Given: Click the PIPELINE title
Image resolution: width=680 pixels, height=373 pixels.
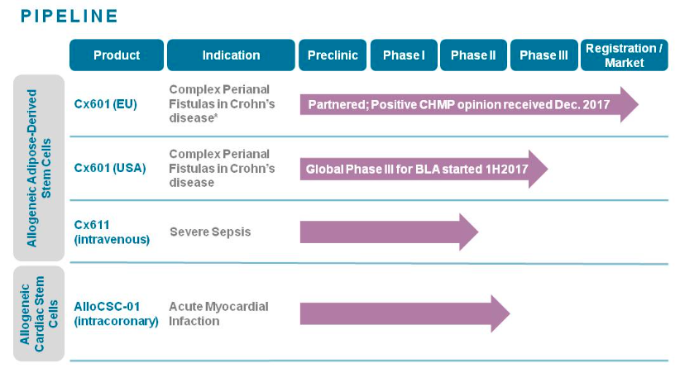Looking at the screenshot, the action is [x=69, y=16].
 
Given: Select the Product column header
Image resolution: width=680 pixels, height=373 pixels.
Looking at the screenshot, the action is [x=117, y=55].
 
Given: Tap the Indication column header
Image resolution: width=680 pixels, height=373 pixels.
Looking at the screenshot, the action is [x=231, y=55].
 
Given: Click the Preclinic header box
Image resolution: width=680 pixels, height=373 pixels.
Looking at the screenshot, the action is [x=333, y=55].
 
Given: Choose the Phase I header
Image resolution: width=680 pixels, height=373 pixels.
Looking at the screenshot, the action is [x=404, y=55].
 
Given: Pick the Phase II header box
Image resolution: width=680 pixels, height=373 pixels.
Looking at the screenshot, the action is [x=473, y=55].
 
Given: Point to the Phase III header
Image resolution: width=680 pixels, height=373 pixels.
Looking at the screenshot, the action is [x=544, y=55].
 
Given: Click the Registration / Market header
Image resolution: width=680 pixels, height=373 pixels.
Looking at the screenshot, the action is [x=624, y=55].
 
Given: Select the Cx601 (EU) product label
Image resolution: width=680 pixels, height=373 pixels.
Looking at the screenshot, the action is [x=105, y=104].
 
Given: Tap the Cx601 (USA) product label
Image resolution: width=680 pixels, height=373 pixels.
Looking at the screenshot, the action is [x=110, y=168].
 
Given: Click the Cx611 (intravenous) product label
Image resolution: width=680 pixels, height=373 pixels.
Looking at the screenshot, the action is [x=112, y=232].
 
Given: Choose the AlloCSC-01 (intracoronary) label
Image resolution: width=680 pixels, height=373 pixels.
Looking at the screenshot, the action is [x=116, y=313].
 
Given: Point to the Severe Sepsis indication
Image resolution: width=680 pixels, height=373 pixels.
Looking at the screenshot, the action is [x=210, y=232].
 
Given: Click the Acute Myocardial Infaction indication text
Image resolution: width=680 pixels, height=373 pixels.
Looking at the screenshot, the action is [x=218, y=313].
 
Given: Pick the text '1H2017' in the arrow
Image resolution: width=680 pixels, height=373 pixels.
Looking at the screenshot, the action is [x=506, y=169].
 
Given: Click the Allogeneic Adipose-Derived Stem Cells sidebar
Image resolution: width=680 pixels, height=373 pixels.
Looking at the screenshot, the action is [x=39, y=168].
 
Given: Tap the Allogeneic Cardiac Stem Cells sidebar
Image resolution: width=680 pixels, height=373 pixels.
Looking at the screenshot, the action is [x=39, y=313].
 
